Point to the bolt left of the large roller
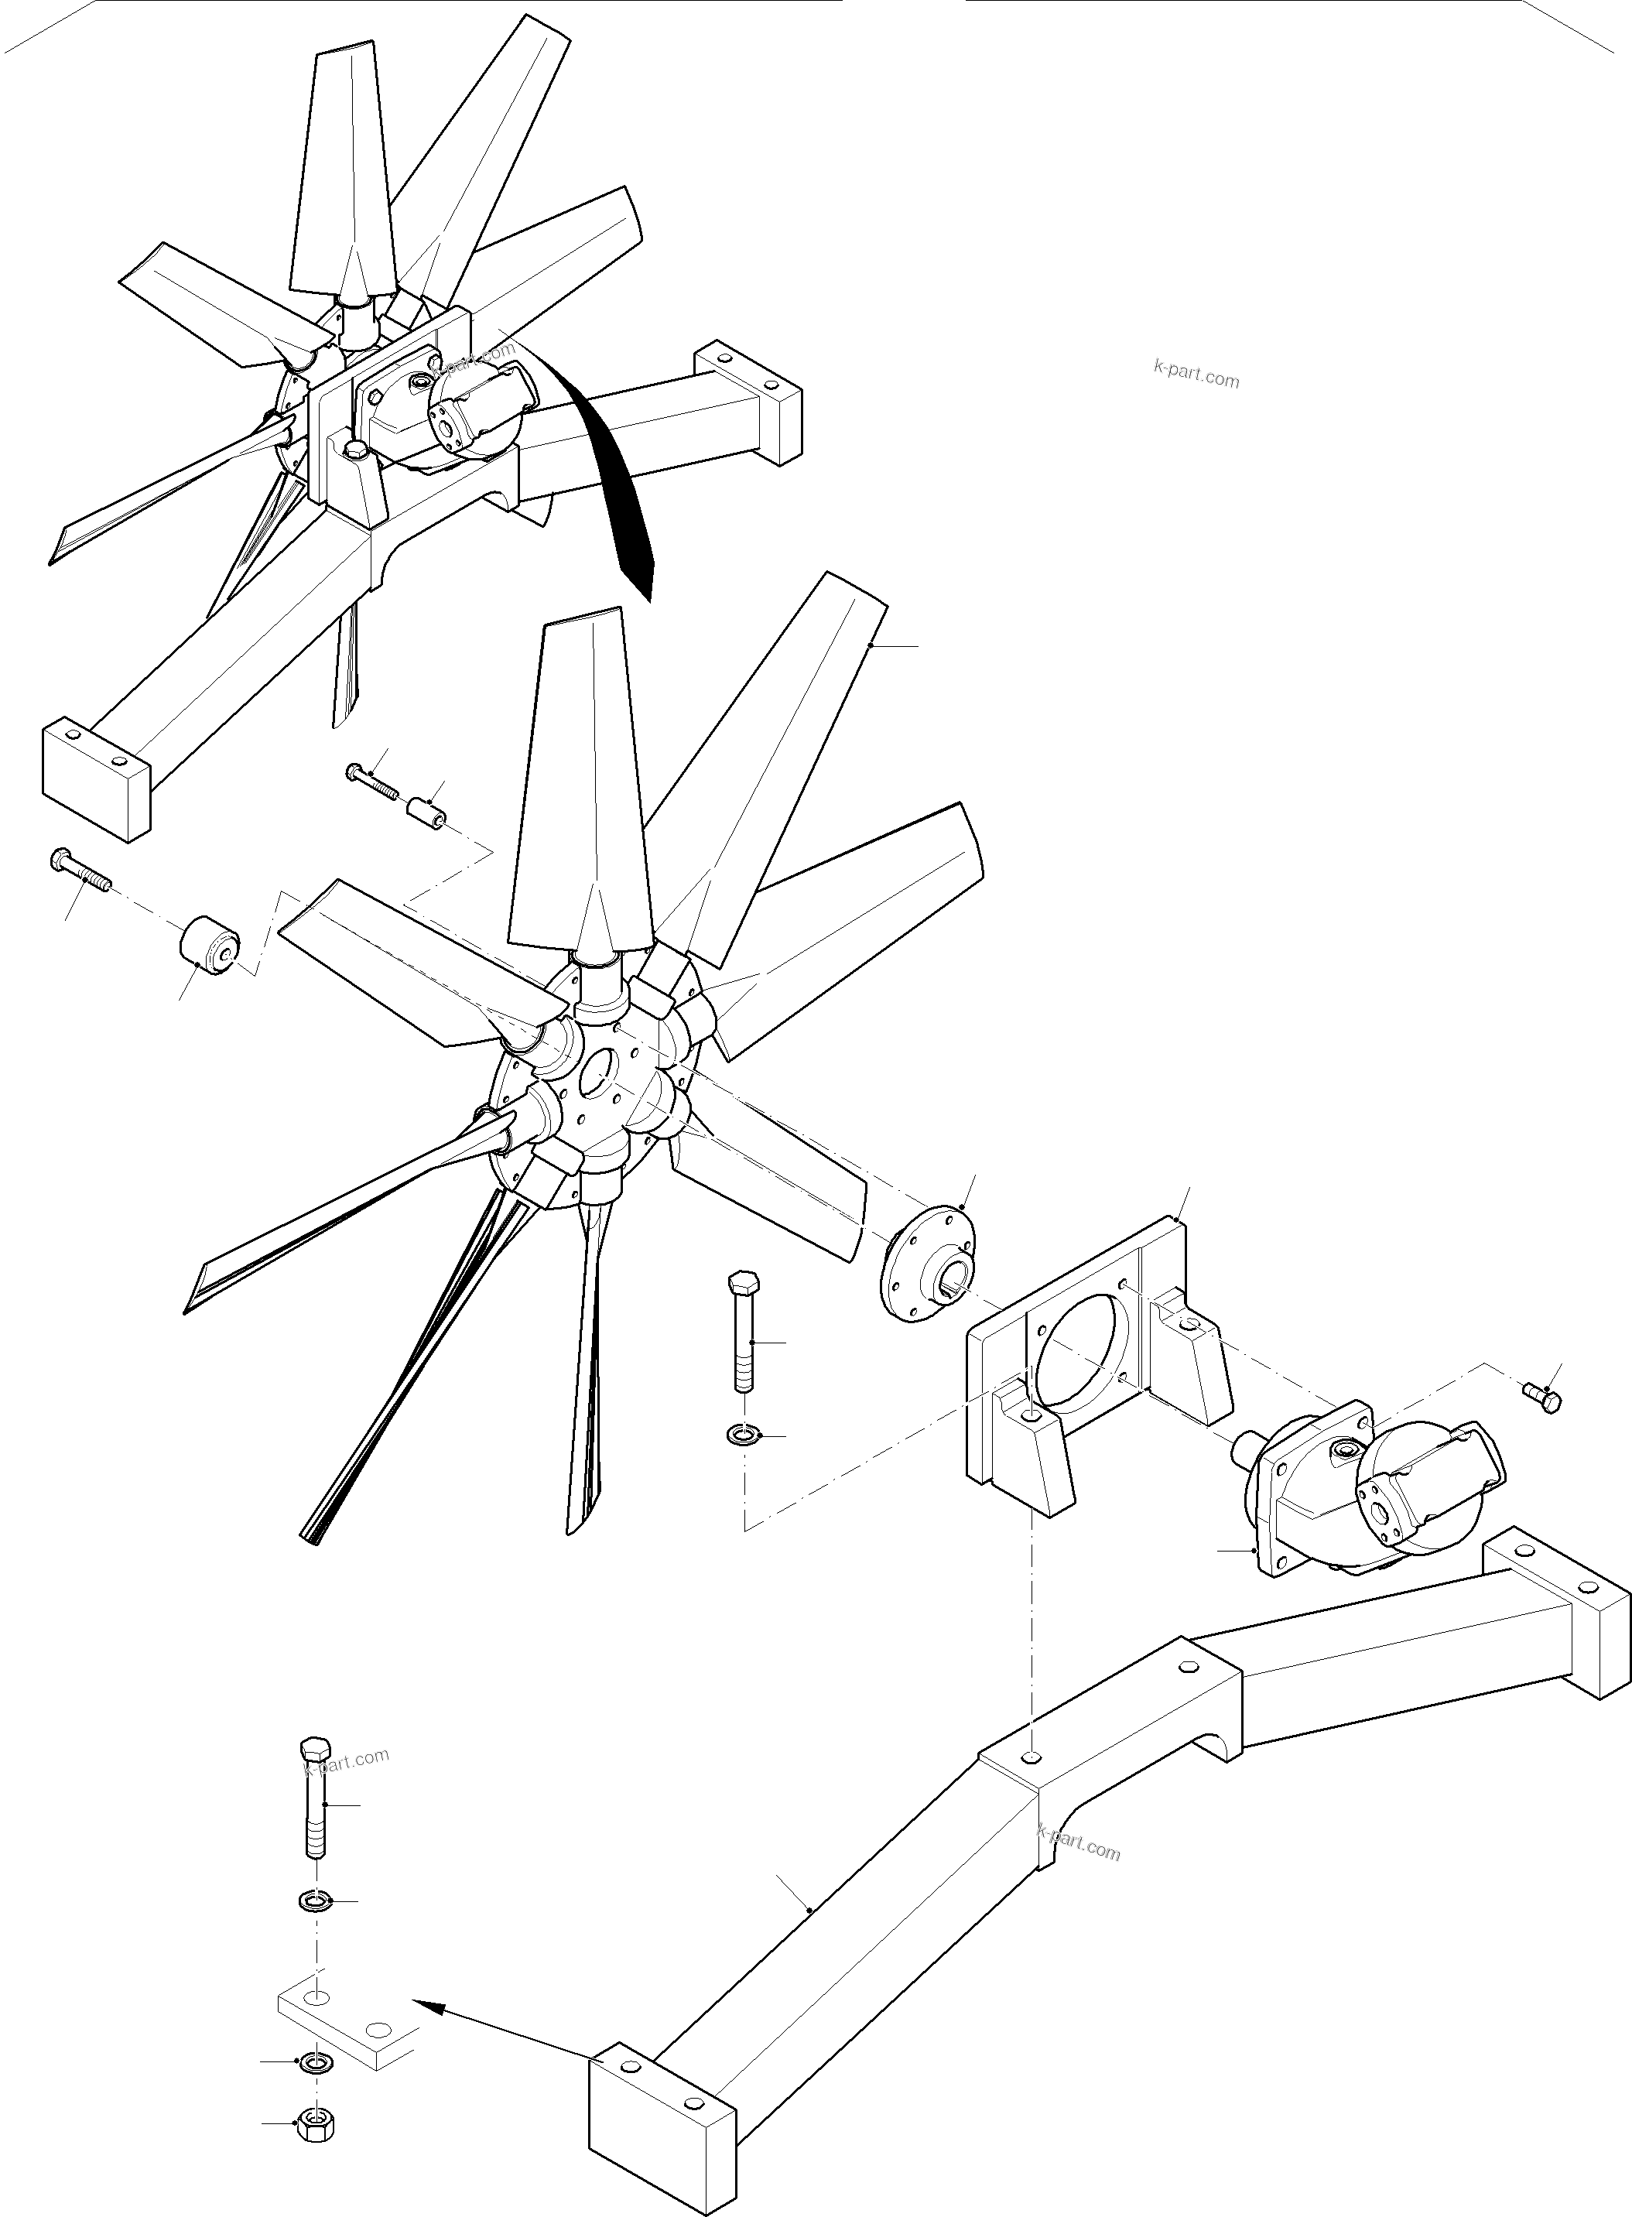79,870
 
